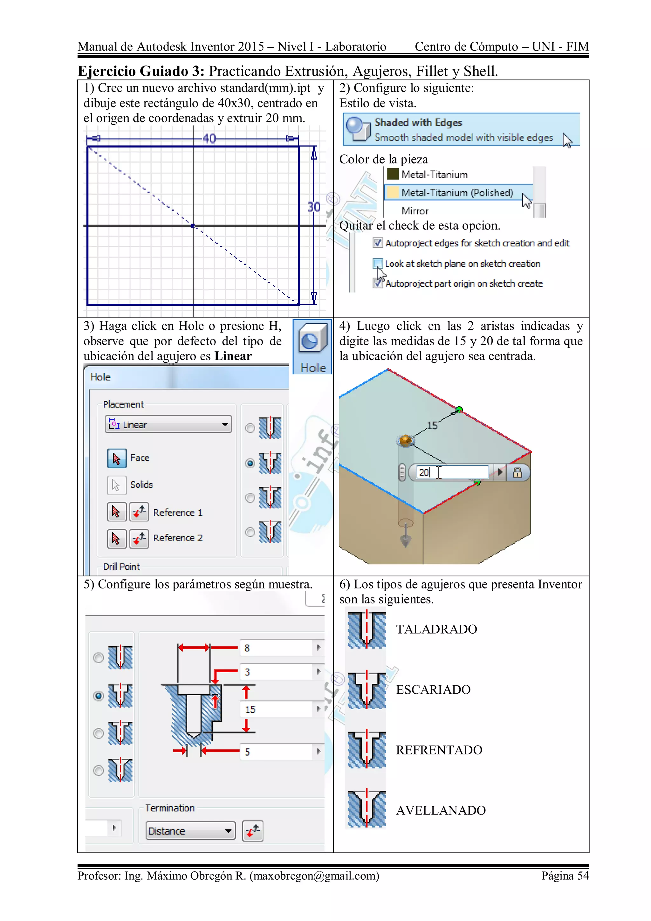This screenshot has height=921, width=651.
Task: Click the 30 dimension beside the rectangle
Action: (x=314, y=207)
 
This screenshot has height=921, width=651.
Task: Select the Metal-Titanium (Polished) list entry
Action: (x=457, y=193)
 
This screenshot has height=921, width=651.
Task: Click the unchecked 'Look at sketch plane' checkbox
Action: (x=377, y=264)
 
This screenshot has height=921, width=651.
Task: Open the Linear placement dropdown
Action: (x=168, y=424)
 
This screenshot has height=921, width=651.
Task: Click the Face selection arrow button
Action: (x=117, y=458)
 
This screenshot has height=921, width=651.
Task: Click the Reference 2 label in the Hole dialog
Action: (x=178, y=538)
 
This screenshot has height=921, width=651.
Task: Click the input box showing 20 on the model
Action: (x=451, y=472)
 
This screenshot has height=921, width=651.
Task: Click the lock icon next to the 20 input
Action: (x=517, y=472)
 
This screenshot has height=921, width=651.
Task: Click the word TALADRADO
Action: (x=436, y=629)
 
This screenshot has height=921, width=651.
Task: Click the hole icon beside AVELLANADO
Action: (x=366, y=809)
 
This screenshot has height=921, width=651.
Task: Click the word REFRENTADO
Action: (x=439, y=750)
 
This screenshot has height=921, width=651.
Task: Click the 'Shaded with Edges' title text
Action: (x=418, y=122)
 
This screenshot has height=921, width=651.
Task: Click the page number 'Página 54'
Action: (x=565, y=876)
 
